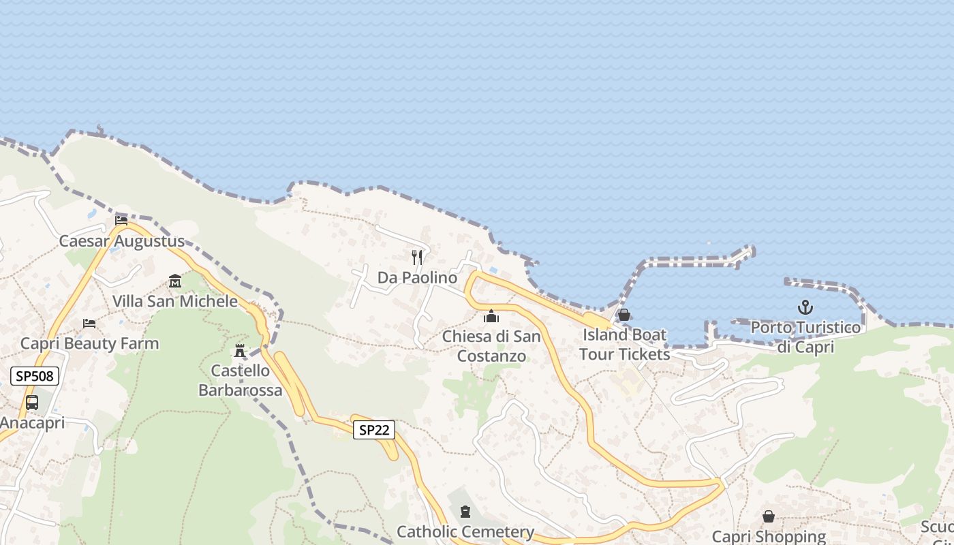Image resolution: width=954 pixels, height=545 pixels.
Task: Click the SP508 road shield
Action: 35,375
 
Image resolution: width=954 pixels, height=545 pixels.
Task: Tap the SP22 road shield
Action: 373,429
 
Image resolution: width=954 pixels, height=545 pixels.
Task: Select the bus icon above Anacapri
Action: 32,402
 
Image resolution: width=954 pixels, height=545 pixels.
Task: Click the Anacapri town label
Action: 33,422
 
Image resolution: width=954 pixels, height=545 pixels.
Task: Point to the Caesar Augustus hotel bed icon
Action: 121,220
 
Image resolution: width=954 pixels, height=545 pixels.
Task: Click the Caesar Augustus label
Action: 121,241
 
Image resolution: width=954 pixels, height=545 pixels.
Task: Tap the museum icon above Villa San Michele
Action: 175,281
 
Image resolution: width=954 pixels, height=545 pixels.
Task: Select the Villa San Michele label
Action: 175,301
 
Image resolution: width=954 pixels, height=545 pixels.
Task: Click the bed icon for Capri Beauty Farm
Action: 89,323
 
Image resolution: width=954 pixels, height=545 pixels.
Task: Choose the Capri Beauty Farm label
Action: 89,343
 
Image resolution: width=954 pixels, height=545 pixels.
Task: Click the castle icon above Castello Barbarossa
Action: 240,351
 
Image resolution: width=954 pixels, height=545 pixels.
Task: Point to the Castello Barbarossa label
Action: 240,381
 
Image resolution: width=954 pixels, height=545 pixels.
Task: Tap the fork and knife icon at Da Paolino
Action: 417,258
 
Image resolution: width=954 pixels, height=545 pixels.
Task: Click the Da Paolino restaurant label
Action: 417,278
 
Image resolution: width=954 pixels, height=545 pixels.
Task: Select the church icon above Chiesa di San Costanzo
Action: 491,316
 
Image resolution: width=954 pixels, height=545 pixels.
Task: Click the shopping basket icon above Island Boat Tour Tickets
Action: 624,315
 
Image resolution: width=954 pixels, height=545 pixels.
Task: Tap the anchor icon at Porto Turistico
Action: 805,307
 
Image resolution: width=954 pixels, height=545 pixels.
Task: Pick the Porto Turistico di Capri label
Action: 805,337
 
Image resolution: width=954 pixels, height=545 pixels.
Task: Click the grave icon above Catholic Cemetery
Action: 465,511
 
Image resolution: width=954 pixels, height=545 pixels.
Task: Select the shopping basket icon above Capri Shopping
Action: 769,516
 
